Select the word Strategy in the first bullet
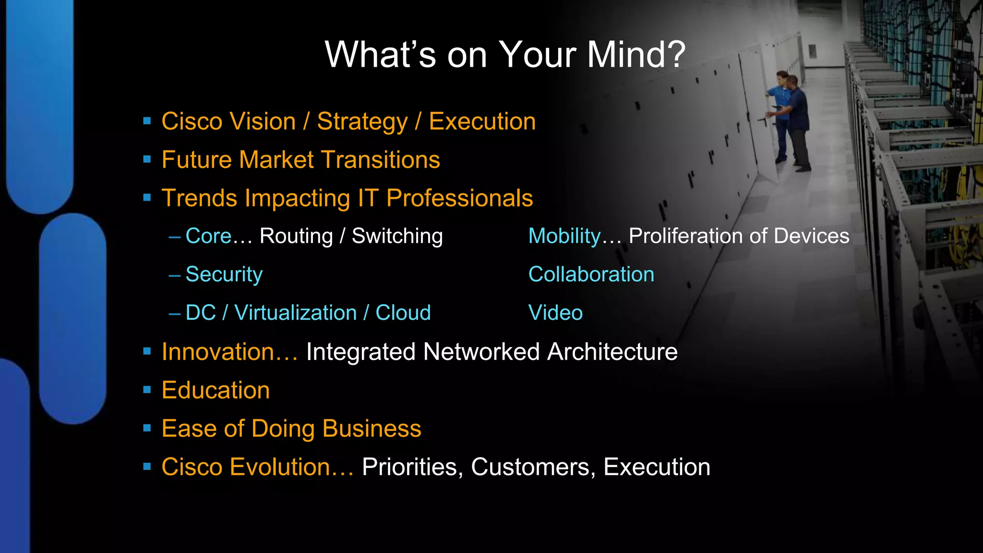tap(362, 121)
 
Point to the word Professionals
tap(459, 198)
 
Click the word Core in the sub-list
tap(208, 236)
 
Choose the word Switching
tap(397, 236)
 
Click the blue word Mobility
tap(564, 236)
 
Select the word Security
tap(224, 275)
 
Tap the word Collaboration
tap(591, 275)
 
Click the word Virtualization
tap(295, 313)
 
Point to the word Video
tap(555, 313)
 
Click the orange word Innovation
tap(218, 352)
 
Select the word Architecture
tap(612, 352)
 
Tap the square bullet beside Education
tap(147, 389)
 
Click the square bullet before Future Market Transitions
tap(147, 159)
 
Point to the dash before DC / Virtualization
tap(174, 313)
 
